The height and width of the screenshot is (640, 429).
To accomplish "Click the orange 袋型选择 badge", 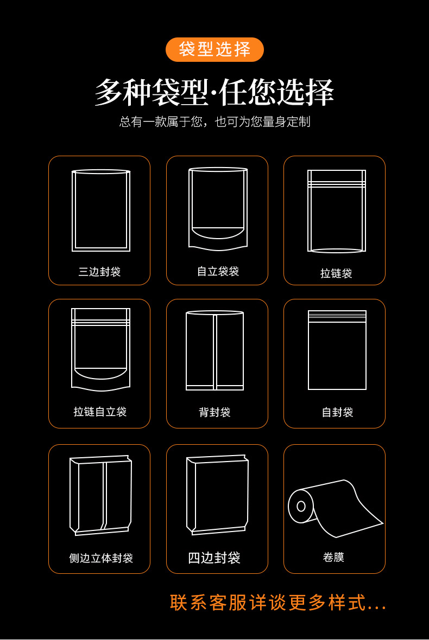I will coord(214,49).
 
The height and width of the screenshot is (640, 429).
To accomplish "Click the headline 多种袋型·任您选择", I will coord(214,92).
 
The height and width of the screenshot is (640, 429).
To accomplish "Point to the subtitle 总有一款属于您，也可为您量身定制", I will coord(214,121).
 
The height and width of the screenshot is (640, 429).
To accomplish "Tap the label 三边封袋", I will coord(99,272).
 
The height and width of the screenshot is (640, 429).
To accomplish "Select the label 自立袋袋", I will coord(218,271).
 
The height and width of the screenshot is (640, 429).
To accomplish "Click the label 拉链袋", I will coord(336,273).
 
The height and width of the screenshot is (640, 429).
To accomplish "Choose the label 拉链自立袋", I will coord(100,412).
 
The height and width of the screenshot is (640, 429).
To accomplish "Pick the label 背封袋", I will coord(215,412).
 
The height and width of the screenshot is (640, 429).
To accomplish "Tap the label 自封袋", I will coord(337,412).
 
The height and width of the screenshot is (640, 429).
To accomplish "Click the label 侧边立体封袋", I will coord(101,558).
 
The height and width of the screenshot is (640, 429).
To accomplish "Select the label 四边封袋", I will coord(214,558).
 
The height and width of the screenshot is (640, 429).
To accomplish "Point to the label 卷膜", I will coord(333,557).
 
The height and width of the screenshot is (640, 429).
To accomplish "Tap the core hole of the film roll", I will coord(301,506).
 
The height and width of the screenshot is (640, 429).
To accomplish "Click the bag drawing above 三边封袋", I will coord(101,210).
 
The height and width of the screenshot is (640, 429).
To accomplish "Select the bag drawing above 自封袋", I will coord(337,350).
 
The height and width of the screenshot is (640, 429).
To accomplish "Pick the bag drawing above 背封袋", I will coord(215,350).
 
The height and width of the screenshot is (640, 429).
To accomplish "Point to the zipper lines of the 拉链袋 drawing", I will coord(337,184).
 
